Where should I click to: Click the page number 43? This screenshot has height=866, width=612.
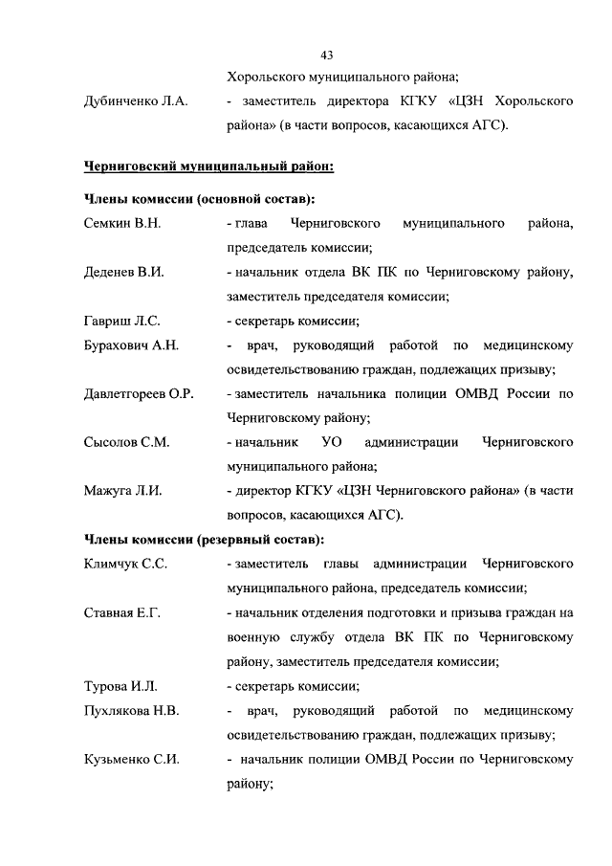pyautogui.click(x=326, y=55)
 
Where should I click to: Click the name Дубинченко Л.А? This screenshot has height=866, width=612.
pyautogui.click(x=135, y=100)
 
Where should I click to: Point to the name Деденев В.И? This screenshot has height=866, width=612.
pyautogui.click(x=124, y=272)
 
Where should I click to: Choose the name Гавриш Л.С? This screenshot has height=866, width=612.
pyautogui.click(x=121, y=321)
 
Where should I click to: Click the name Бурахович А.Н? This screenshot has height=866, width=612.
pyautogui.click(x=132, y=344)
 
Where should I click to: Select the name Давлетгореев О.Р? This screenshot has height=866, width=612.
pyautogui.click(x=140, y=393)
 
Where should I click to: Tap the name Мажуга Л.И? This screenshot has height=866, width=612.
pyautogui.click(x=123, y=491)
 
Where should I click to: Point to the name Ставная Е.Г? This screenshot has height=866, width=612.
pyautogui.click(x=122, y=612)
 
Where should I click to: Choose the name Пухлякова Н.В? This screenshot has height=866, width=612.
pyautogui.click(x=132, y=710)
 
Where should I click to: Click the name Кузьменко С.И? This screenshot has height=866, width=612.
pyautogui.click(x=132, y=759)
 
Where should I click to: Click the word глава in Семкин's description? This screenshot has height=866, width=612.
pyautogui.click(x=251, y=224)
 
